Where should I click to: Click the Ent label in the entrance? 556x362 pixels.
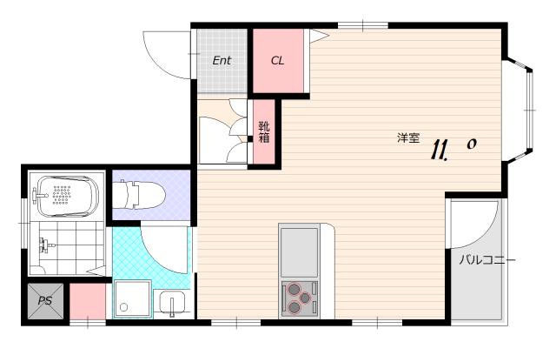tap(222, 61)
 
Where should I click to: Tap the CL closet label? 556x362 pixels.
tap(277, 61)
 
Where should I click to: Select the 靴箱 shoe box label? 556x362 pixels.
tap(264, 131)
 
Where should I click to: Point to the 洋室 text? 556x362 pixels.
tap(408, 137)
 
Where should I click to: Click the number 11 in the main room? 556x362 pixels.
tap(439, 150)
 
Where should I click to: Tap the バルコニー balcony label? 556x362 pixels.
tap(486, 260)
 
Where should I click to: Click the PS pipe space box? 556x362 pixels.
tap(46, 301)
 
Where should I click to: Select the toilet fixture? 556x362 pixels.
tap(139, 194)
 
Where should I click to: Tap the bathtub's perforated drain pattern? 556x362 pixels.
tap(62, 195)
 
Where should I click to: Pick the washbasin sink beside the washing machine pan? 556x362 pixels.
tap(172, 303)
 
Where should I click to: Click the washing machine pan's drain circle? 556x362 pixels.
tap(123, 307)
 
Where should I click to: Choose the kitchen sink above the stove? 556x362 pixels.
tap(299, 252)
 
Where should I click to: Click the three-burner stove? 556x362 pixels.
tap(299, 298)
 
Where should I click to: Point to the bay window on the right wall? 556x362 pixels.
tap(520, 111)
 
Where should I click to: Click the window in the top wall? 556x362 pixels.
tap(363, 25)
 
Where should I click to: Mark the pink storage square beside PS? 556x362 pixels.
tap(88, 301)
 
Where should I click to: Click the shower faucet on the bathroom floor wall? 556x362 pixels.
tap(45, 245)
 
